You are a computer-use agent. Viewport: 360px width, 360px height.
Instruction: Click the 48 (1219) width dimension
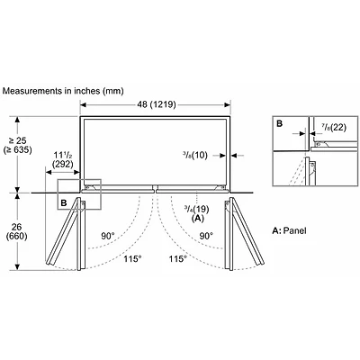click(x=157, y=104)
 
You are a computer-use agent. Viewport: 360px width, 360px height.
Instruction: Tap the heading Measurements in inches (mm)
click(x=63, y=91)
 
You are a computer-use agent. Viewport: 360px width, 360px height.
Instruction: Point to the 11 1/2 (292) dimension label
click(x=62, y=159)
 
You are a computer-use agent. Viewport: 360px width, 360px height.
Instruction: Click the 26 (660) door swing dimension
click(x=17, y=231)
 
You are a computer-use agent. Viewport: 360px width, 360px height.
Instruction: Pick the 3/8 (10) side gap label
click(x=195, y=155)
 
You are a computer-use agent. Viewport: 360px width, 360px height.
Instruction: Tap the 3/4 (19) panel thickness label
click(x=197, y=209)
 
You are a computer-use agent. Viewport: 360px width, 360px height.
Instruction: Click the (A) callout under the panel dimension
click(x=197, y=219)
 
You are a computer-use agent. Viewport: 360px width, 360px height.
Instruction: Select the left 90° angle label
click(x=108, y=236)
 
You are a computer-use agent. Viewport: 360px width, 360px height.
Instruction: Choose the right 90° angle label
click(x=207, y=236)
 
